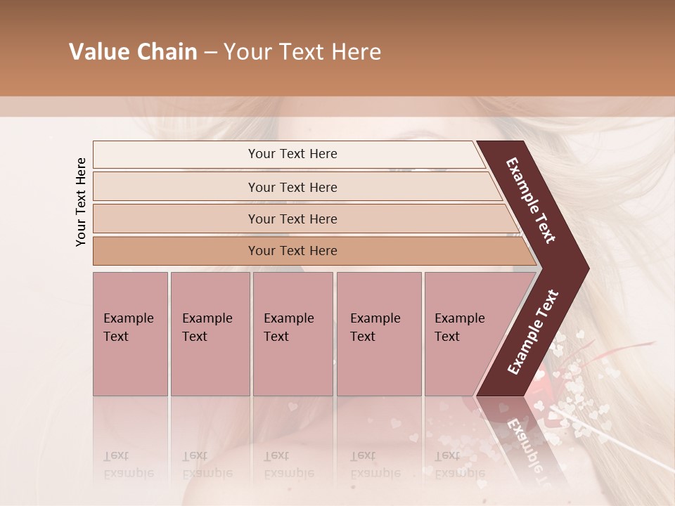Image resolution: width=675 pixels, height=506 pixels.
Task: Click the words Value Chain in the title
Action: click(133, 52)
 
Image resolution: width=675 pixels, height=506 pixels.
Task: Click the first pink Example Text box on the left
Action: click(130, 334)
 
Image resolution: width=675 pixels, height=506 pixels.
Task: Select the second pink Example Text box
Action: click(210, 334)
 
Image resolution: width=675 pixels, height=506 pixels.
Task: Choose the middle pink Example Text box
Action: click(292, 334)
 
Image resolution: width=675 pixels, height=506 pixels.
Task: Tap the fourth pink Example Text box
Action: click(379, 334)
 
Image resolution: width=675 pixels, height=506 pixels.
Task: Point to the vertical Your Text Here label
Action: click(81, 202)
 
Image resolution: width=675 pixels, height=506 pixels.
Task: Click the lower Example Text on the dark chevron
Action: click(533, 332)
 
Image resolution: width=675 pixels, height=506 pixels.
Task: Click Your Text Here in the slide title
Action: click(302, 52)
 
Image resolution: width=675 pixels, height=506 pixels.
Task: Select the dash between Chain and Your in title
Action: click(210, 53)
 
